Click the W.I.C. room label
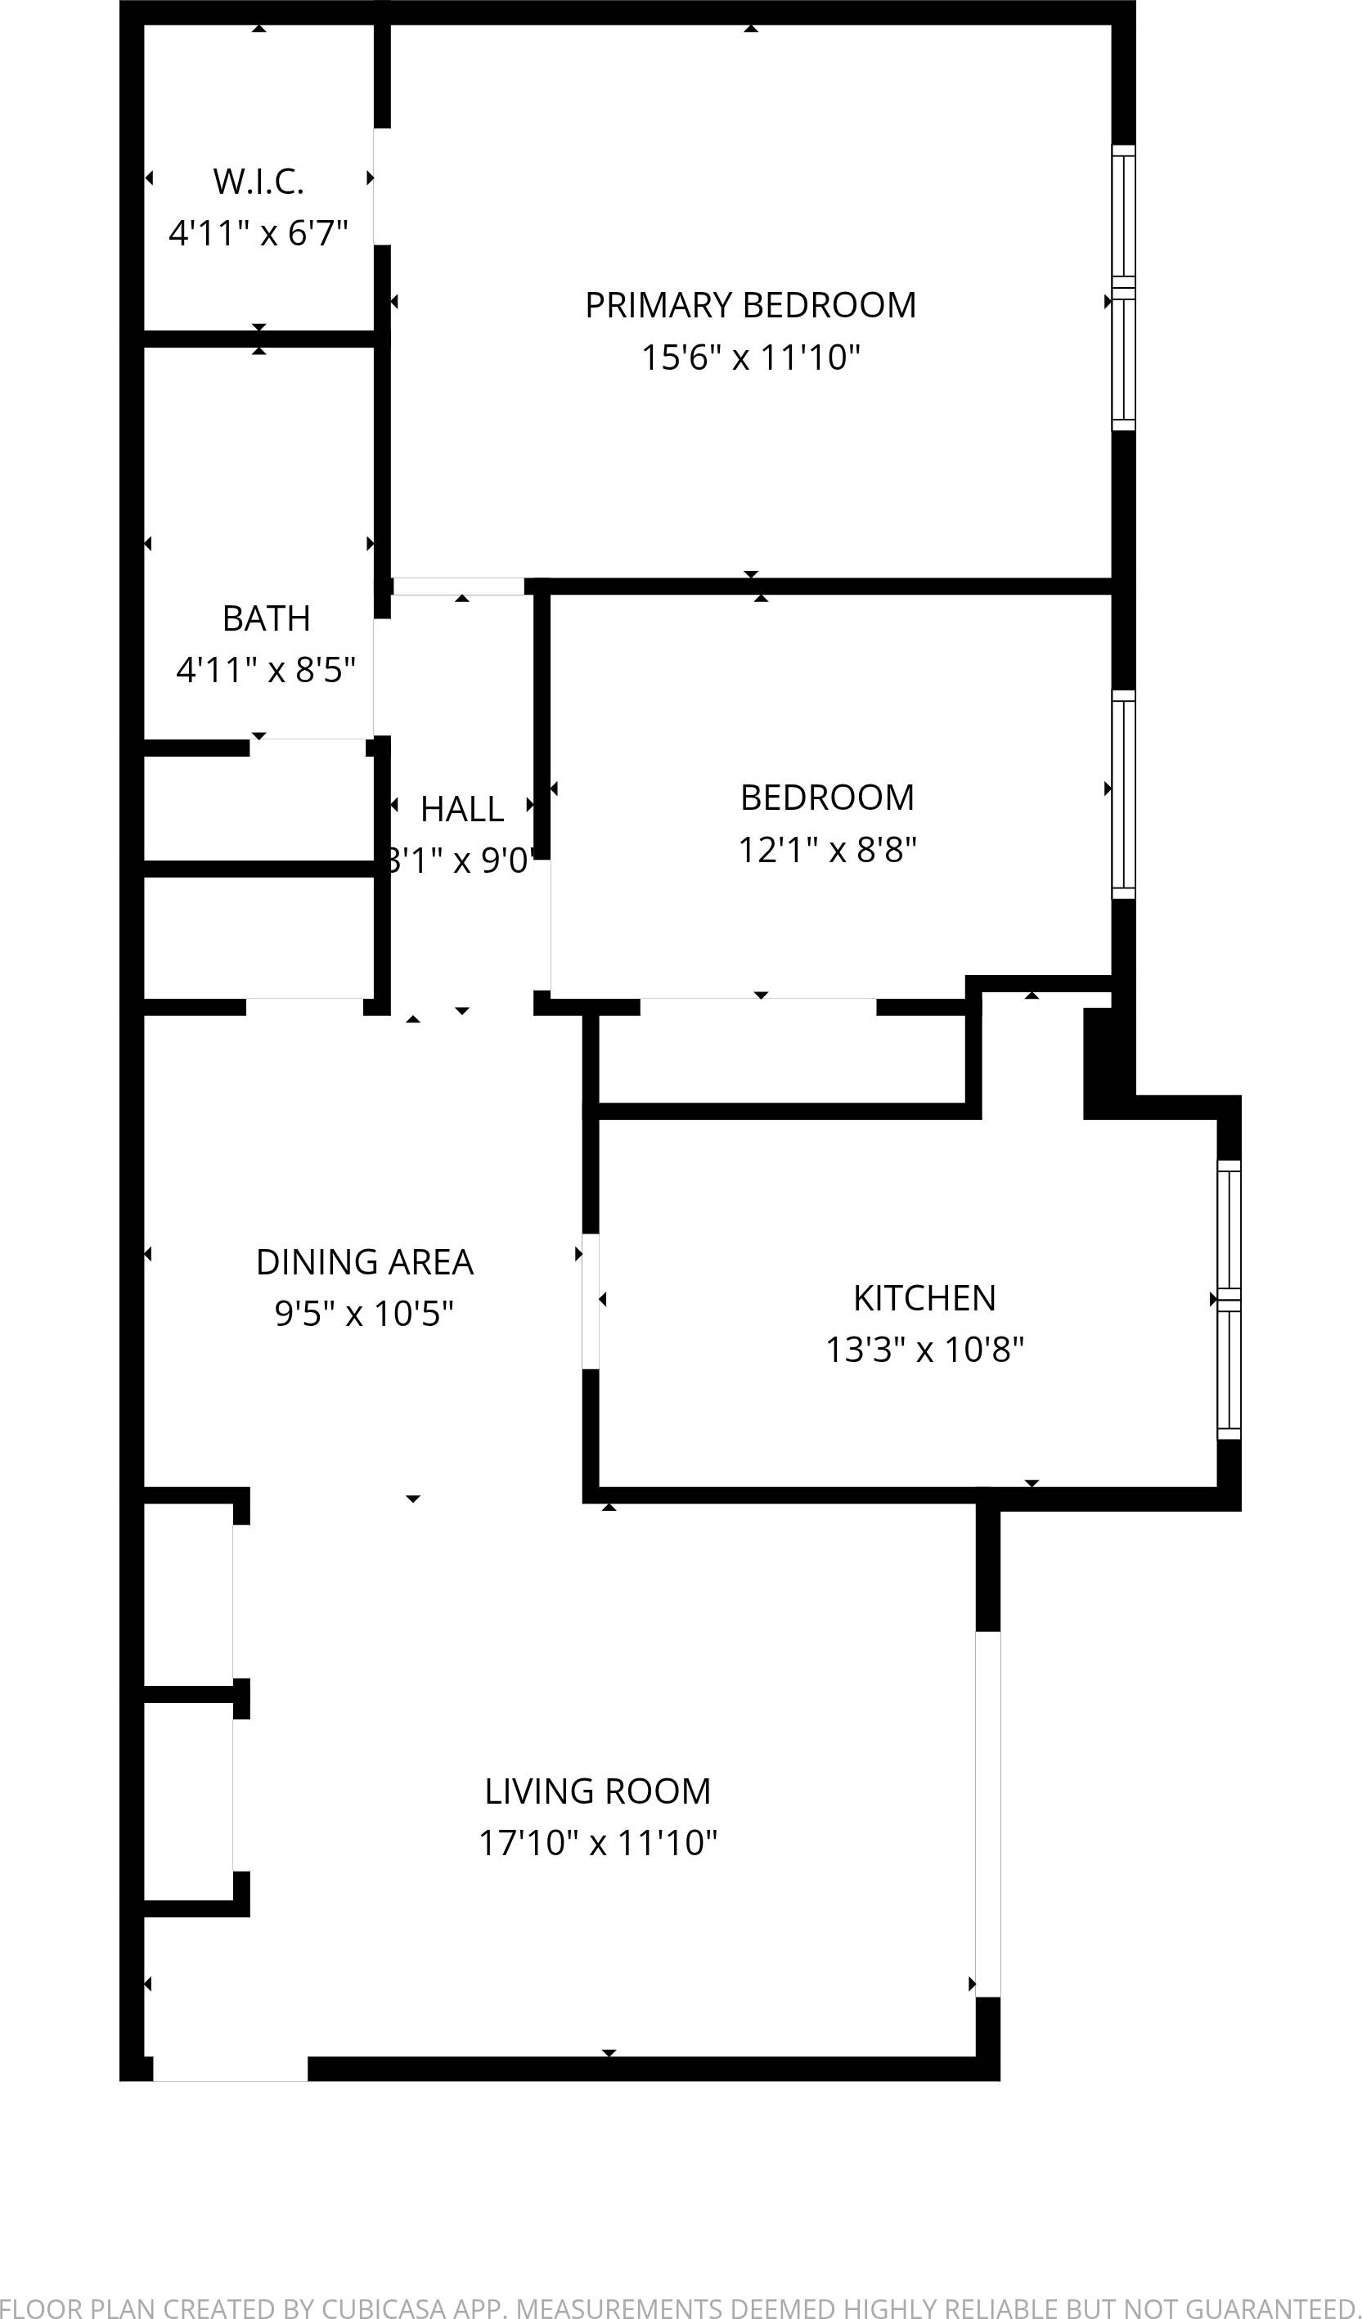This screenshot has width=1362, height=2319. [258, 182]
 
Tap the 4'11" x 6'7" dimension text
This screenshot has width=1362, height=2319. [258, 233]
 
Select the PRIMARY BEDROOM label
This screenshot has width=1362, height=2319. [750, 304]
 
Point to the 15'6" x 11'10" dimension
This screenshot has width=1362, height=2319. [750, 357]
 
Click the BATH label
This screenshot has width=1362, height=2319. [266, 618]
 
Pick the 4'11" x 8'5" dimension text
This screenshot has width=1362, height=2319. [266, 670]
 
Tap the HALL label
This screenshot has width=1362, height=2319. [461, 809]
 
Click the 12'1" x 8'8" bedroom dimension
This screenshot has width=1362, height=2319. [826, 849]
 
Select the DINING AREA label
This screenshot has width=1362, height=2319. [365, 1261]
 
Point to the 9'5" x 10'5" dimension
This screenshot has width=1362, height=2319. [365, 1313]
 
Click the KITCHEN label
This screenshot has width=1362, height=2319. [924, 1297]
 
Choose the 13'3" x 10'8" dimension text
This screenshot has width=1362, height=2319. [924, 1350]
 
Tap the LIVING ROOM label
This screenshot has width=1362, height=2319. [597, 1791]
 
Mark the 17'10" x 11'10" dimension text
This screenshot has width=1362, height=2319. [597, 1843]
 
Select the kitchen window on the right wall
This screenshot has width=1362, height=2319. [1229, 1298]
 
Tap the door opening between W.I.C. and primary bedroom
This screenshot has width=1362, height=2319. [382, 187]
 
